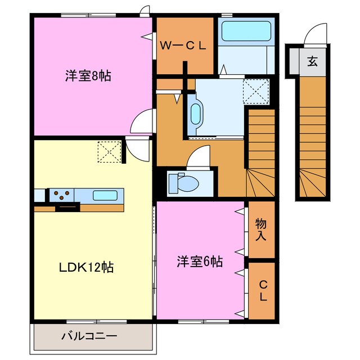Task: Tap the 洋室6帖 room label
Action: coord(200,261)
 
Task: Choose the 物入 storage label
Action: coord(260,229)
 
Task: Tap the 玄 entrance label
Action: coord(312,61)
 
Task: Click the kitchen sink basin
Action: coord(105,196)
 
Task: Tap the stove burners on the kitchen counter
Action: coord(61,195)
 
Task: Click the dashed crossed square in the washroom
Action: coord(255,89)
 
